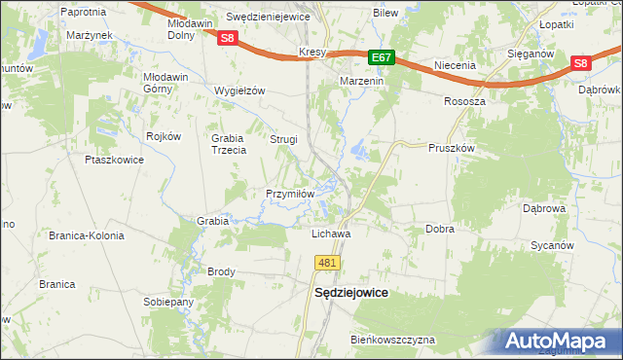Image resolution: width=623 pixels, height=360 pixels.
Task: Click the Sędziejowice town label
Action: coord(350,292)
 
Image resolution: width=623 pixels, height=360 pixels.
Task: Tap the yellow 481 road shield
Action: coord(327,264)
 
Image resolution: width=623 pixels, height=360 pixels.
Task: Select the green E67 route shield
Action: coord(382,58)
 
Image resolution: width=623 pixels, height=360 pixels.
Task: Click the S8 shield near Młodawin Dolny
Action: coord(227,39)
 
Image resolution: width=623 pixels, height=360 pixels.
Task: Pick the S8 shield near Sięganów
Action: coord(580,63)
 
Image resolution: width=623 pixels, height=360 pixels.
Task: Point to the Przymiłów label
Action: coord(290,194)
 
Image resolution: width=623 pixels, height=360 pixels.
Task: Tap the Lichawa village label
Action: coord(330,234)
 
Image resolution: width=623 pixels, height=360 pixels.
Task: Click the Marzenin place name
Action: coord(363,82)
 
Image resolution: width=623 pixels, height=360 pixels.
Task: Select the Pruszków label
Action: coord(451,148)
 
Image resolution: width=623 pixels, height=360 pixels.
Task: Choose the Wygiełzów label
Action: coord(239,90)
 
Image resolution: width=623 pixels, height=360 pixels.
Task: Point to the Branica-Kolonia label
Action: coord(85,235)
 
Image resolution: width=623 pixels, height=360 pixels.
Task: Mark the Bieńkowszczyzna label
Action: coord(393,340)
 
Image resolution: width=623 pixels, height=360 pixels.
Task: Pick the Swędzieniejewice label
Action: coord(268,18)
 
